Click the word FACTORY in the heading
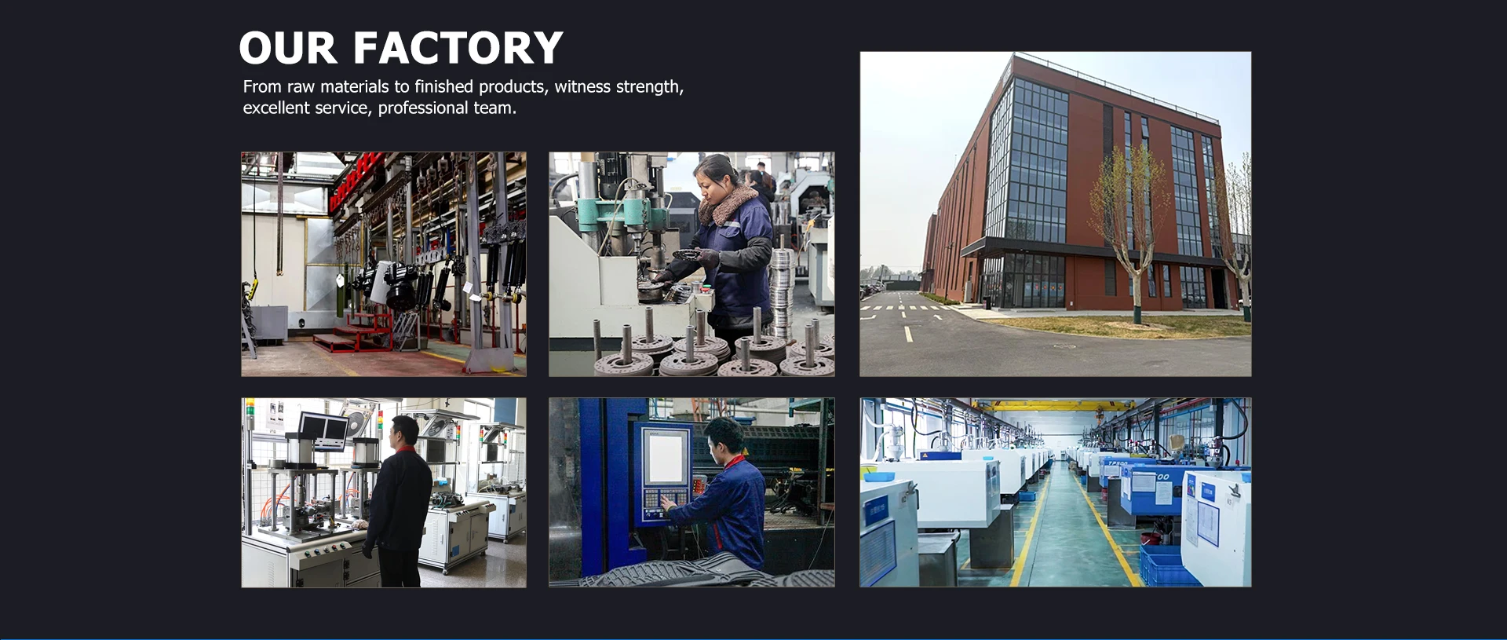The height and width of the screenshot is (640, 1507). click(458, 48)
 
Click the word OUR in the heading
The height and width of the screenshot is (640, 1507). click(288, 48)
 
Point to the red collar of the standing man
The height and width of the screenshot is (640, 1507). click(406, 449)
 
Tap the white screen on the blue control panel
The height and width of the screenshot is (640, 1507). click(666, 457)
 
